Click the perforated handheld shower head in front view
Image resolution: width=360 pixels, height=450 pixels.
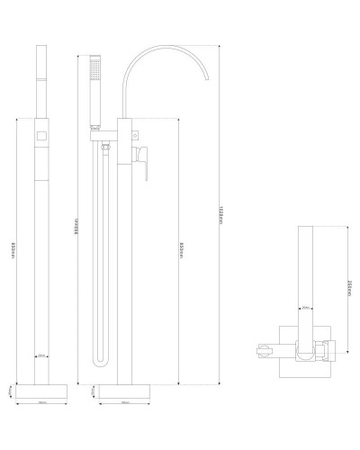(96, 71)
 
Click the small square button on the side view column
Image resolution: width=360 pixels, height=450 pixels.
(41, 136)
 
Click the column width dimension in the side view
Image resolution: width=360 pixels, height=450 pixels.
(41, 355)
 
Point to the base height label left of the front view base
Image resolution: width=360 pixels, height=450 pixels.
(88, 391)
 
